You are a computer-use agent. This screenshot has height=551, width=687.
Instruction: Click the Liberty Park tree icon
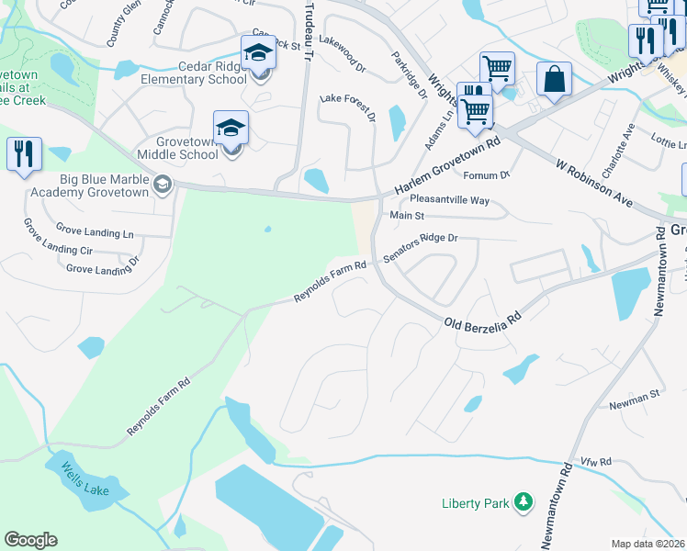coord(523,501)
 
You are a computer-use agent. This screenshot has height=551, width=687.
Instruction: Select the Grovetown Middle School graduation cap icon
coord(231,129)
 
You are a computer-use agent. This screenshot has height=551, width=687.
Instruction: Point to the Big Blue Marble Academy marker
coord(163,185)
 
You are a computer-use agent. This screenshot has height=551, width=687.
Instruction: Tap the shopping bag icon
coord(555,80)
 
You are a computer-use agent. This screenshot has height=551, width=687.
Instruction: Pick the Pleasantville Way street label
coord(449,199)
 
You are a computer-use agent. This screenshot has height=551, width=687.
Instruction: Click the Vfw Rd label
coord(595,462)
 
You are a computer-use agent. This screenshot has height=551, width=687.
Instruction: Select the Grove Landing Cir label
coord(59,249)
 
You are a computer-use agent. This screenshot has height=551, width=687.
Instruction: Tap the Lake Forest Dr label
coord(347,107)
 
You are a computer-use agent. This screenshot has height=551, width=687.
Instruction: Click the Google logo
coord(30,540)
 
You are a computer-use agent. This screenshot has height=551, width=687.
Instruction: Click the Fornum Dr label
coord(487,175)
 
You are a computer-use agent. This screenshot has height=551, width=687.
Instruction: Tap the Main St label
coord(407,216)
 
